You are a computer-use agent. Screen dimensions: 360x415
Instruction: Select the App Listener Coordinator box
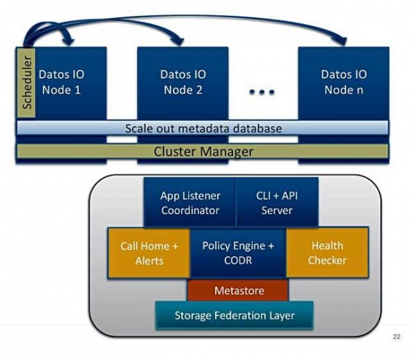(x=189, y=202)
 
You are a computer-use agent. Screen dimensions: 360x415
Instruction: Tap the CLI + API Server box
(x=277, y=202)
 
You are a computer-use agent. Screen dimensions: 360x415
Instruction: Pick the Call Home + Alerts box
(x=149, y=253)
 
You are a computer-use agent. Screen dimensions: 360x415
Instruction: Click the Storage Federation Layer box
(x=234, y=316)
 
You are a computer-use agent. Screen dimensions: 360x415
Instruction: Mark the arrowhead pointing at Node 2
(x=181, y=40)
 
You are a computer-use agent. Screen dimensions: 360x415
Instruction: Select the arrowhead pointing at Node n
(x=343, y=40)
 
